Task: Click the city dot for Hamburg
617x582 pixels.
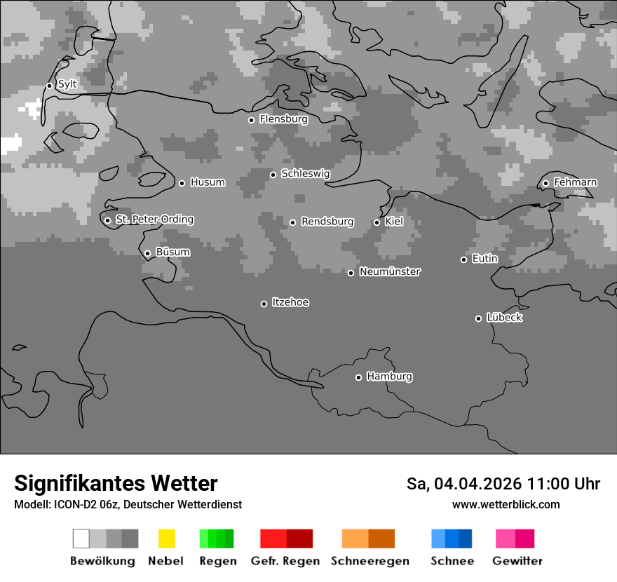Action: click(358, 377)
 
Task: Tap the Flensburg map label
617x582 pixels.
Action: click(283, 119)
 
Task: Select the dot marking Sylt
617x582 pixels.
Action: click(49, 86)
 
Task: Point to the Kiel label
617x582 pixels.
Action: click(394, 222)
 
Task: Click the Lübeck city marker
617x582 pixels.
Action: click(478, 318)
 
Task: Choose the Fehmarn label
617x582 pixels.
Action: click(575, 182)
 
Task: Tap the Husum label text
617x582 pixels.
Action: click(208, 182)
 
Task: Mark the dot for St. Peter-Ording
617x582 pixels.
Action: click(107, 220)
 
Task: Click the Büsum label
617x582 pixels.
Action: click(172, 252)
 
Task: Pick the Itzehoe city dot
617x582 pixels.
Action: click(264, 304)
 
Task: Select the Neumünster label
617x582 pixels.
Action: click(390, 271)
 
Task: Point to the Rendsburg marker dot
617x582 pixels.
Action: click(292, 222)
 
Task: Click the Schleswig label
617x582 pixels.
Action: click(305, 173)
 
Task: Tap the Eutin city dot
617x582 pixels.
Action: click(463, 259)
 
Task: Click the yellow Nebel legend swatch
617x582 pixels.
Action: click(166, 539)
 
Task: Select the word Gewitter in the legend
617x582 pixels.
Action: click(517, 561)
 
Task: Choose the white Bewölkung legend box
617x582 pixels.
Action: click(81, 539)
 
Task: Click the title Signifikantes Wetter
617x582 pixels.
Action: click(116, 483)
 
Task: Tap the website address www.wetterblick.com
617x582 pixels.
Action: click(506, 504)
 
